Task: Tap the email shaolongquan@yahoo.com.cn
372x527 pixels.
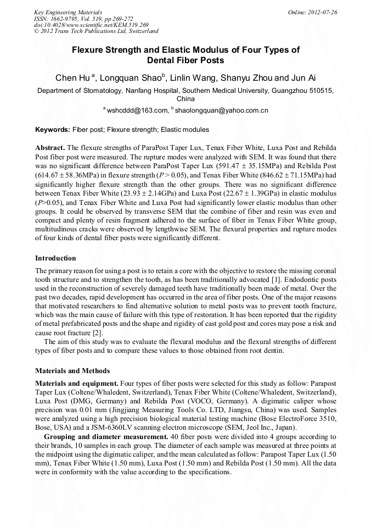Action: [221, 110]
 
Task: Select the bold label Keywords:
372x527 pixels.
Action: [53, 130]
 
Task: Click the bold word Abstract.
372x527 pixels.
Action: [50, 148]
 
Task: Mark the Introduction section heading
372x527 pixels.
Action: [55, 258]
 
